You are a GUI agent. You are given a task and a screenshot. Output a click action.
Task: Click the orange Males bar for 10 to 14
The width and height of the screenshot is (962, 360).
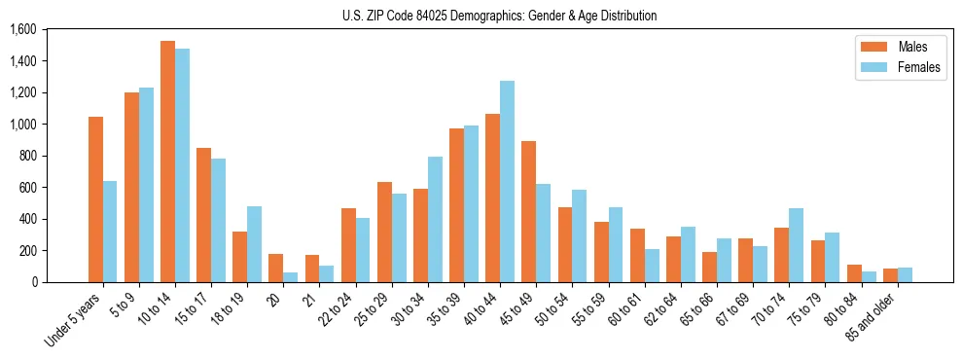tap(167, 162)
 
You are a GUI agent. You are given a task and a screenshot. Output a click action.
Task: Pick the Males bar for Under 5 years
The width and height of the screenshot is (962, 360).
tap(95, 199)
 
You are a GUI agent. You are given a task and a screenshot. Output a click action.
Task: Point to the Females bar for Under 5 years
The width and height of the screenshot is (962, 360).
tap(110, 232)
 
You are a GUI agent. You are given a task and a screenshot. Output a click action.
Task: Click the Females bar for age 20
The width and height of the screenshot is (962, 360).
tap(290, 277)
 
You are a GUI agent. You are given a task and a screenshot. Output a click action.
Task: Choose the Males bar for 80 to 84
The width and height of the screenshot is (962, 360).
tap(853, 273)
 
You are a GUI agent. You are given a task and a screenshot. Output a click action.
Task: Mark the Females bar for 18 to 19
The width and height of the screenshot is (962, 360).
tap(254, 244)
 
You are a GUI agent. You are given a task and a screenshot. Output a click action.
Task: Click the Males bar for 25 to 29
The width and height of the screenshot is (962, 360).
tap(384, 232)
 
